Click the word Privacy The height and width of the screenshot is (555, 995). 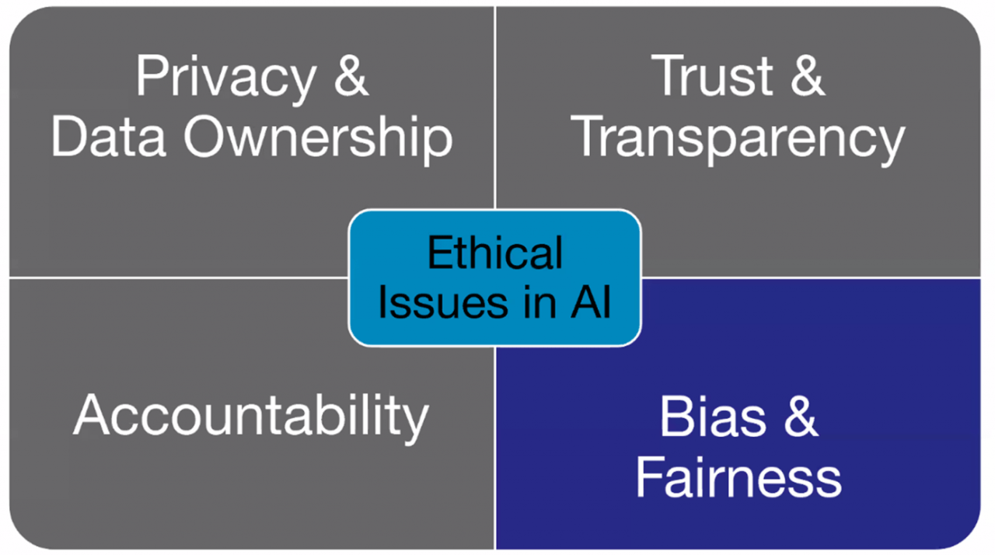225,77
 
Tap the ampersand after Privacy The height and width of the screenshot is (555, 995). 351,77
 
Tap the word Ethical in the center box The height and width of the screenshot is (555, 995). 495,253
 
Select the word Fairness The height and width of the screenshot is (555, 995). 738,478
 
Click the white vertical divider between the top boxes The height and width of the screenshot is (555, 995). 494,117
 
